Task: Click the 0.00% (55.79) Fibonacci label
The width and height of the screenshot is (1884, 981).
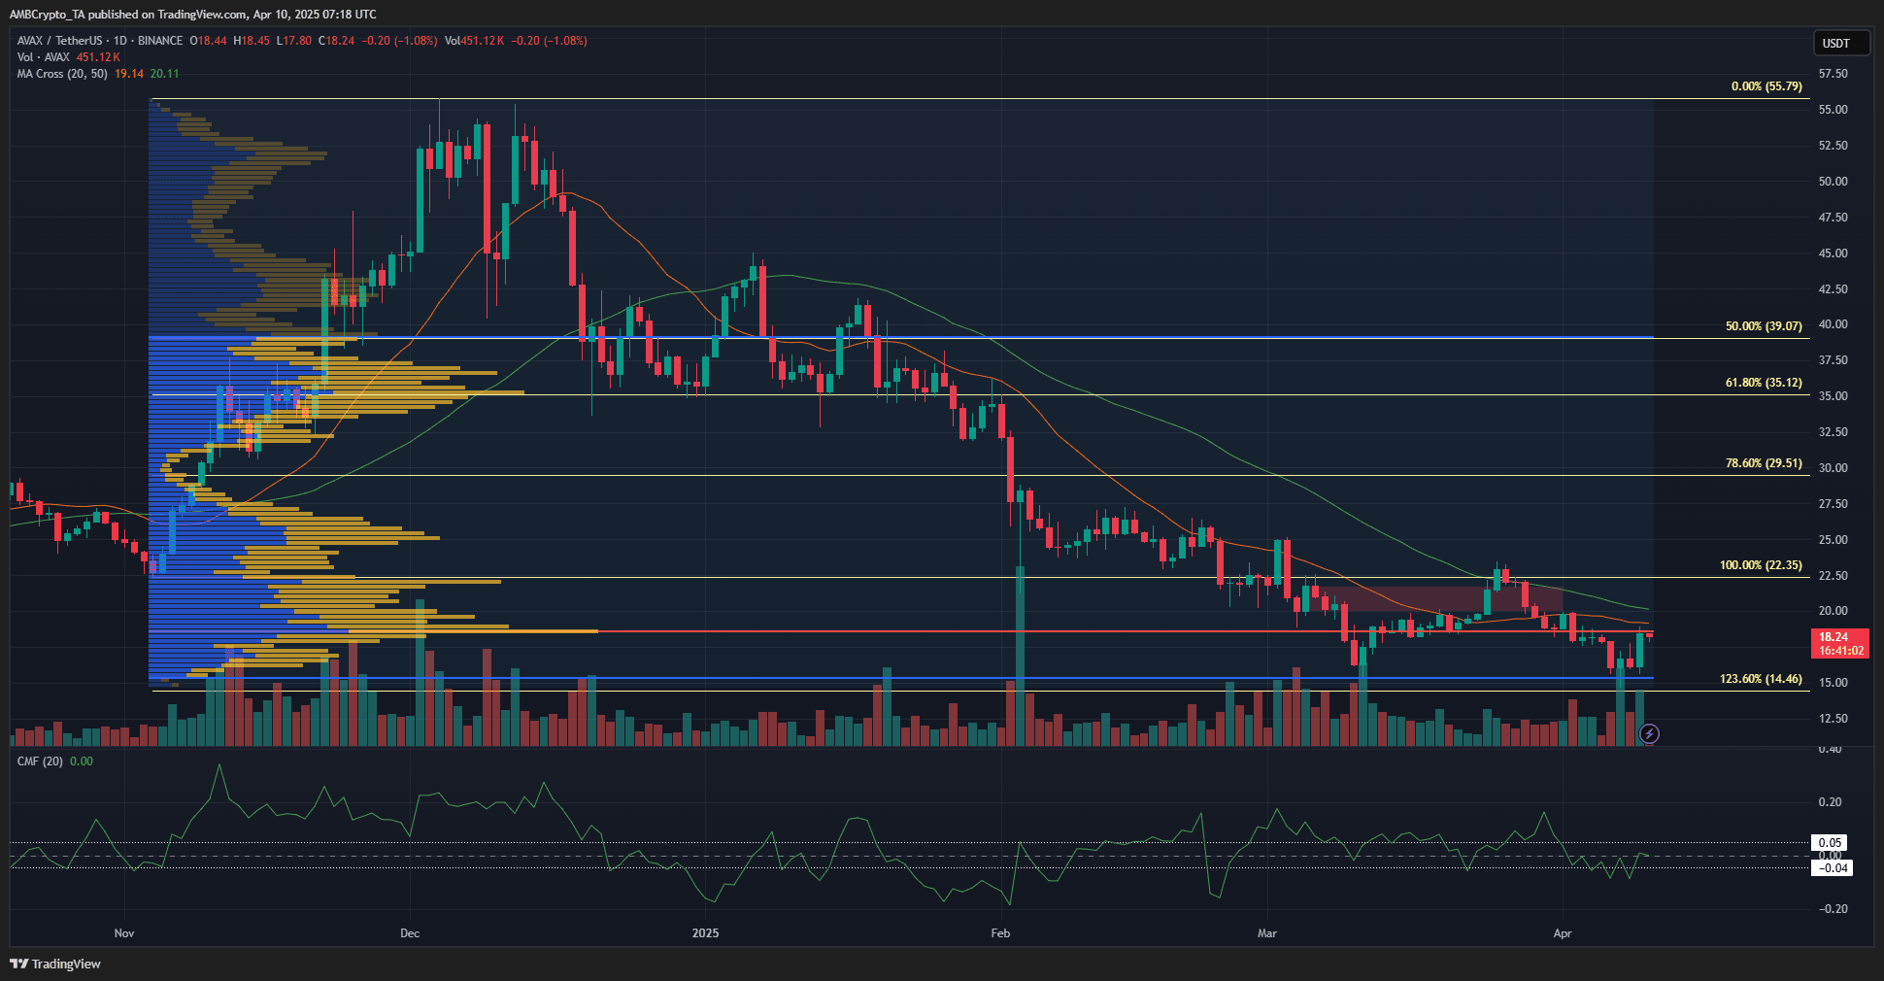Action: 1766,86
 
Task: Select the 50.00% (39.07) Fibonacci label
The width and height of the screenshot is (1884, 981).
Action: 1763,326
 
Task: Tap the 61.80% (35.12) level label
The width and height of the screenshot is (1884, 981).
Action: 1763,383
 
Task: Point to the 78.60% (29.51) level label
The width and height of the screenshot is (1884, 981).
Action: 1763,463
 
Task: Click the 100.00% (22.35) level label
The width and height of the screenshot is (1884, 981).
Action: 1760,565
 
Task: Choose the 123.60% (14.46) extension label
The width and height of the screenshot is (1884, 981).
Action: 1760,679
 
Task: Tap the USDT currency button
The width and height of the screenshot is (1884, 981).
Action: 1835,43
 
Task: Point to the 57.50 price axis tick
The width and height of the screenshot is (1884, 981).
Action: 1833,74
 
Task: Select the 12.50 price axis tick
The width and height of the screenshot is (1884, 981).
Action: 1833,719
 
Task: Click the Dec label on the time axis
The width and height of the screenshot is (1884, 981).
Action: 410,933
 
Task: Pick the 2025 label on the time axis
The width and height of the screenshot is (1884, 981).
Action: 705,933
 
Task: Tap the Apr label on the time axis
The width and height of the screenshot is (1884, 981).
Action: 1562,933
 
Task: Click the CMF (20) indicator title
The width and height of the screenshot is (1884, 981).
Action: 40,761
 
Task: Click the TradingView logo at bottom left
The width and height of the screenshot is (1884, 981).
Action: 55,964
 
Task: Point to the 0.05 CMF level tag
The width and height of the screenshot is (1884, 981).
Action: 1830,843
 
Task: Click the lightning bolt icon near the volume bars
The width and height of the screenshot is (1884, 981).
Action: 1648,734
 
